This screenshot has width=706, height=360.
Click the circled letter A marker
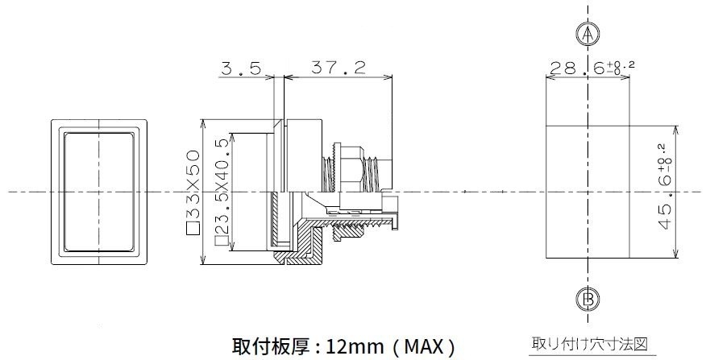pyautogui.click(x=588, y=34)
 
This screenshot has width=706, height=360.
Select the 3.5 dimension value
pyautogui.click(x=241, y=68)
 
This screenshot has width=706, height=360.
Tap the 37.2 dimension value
pyautogui.click(x=338, y=68)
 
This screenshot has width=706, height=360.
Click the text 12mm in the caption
pyautogui.click(x=355, y=346)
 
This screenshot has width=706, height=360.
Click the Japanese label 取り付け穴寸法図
pyautogui.click(x=590, y=344)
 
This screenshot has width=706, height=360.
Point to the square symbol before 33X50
pyautogui.click(x=193, y=229)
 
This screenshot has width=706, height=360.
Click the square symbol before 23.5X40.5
pyautogui.click(x=221, y=242)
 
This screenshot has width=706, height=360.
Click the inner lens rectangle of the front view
pyautogui.click(x=98, y=192)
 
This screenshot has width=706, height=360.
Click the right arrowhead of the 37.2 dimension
pyautogui.click(x=388, y=77)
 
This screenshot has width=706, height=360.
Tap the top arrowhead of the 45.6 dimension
pyautogui.click(x=676, y=130)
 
